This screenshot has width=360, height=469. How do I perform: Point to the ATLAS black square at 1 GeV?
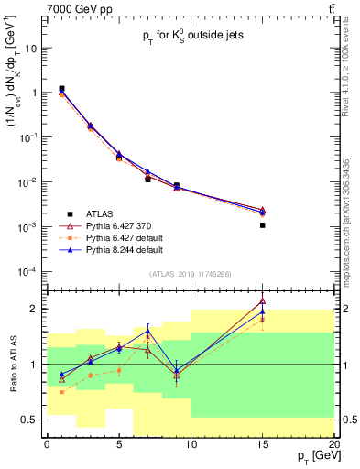pyautogui.click(x=61, y=89)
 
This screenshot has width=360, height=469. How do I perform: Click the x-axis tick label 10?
pyautogui.click(x=191, y=443)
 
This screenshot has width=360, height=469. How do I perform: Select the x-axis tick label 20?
pyautogui.click(x=334, y=443)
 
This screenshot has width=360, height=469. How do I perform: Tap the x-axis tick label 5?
pyautogui.click(x=119, y=443)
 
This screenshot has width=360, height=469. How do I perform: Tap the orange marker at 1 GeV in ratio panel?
pyautogui.click(x=61, y=392)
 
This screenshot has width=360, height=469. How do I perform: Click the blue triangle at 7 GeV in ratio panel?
pyautogui.click(x=147, y=331)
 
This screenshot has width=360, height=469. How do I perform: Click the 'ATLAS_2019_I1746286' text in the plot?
pyautogui.click(x=189, y=273)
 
